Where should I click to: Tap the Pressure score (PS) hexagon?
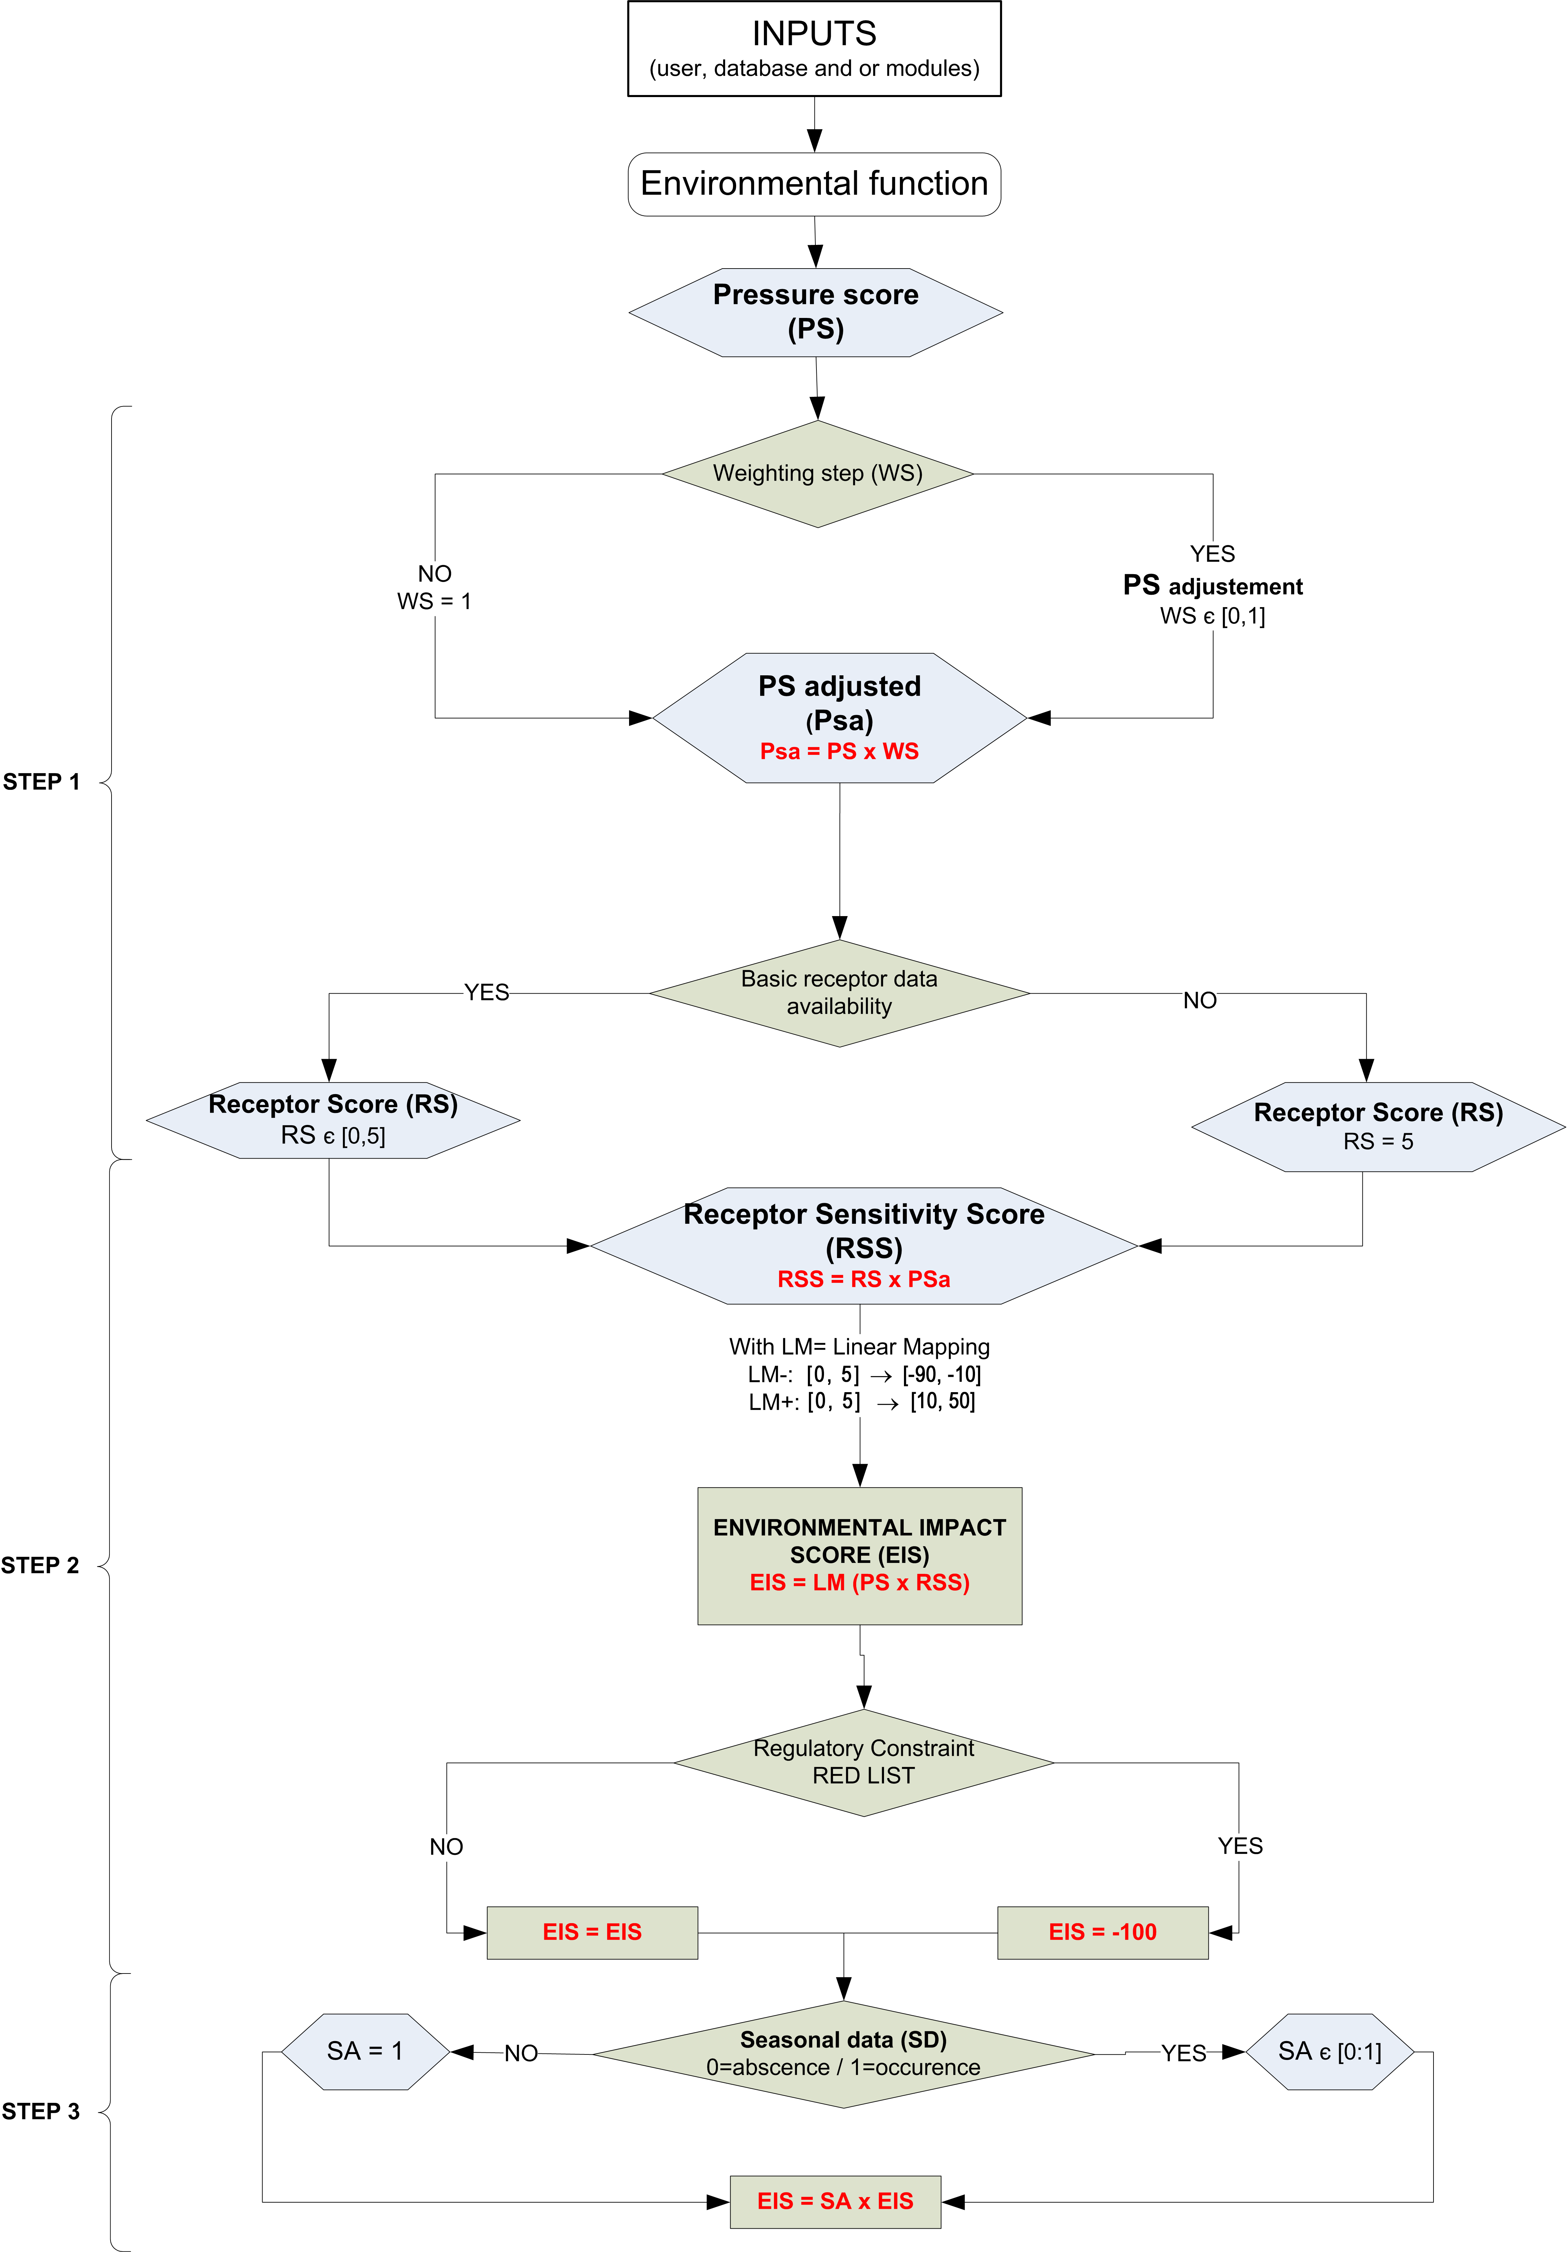point(815,312)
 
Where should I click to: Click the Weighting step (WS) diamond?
point(817,474)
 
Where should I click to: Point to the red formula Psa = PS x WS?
point(839,751)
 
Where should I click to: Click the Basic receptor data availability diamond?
point(839,993)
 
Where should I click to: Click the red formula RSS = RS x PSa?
point(863,1279)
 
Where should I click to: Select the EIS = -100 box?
point(1102,1932)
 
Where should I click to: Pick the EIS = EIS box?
point(592,1932)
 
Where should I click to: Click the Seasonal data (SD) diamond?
point(843,2053)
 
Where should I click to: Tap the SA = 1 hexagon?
point(365,2051)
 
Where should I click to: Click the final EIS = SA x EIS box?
point(835,2201)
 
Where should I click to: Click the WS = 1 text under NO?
point(434,601)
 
